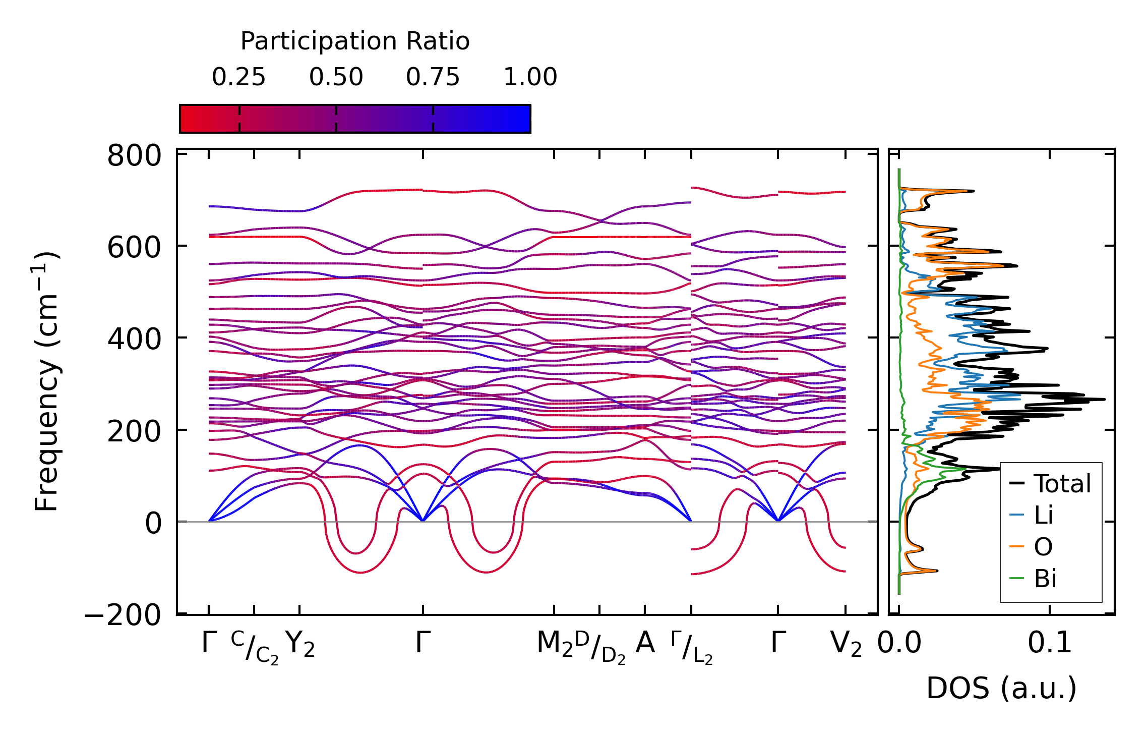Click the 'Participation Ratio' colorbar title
coord(355,41)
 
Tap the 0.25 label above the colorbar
coord(238,77)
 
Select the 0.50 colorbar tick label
coord(336,77)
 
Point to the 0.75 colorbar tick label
coord(433,77)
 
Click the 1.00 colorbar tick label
coord(530,77)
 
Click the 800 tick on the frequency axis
coord(134,156)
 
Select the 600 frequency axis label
coord(134,248)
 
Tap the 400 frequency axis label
coord(134,340)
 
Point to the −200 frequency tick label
coord(123,615)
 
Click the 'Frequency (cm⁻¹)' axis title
coord(46,381)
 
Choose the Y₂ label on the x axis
coord(300,645)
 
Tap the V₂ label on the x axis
coord(846,645)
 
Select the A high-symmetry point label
coord(645,643)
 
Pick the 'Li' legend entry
coord(1044,515)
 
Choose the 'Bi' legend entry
coord(1045,579)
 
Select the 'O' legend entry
coord(1043,547)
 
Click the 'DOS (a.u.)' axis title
coord(1001,689)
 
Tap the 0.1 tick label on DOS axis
coord(1050,644)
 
